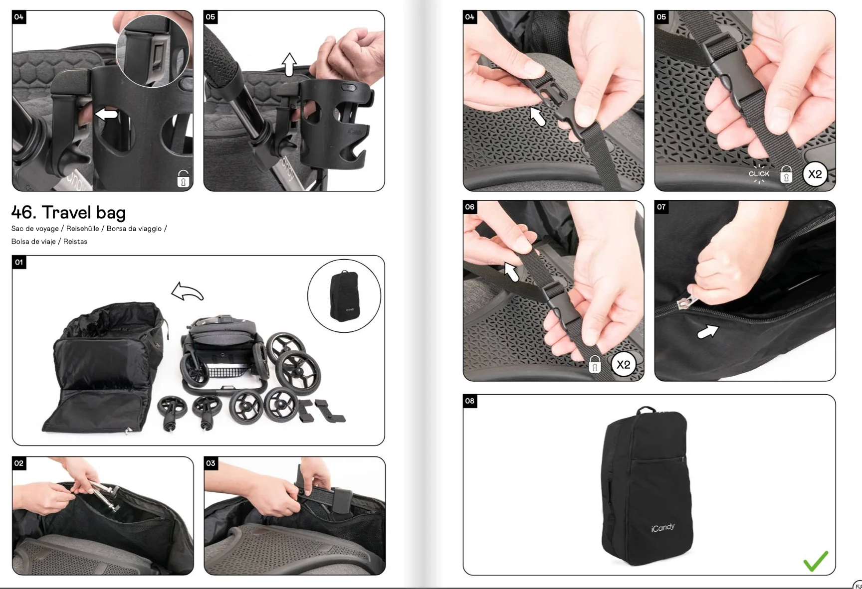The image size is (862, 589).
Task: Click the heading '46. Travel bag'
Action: click(x=68, y=213)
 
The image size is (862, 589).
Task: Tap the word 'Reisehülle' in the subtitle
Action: click(x=82, y=229)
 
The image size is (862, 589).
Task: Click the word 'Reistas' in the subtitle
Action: click(x=75, y=242)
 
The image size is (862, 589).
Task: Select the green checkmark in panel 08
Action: click(x=816, y=561)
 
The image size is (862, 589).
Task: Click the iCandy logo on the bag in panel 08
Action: click(x=662, y=528)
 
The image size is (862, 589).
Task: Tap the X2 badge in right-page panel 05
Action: click(x=815, y=174)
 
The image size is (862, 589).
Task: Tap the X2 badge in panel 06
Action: click(x=623, y=365)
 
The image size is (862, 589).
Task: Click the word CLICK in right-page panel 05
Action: click(x=759, y=174)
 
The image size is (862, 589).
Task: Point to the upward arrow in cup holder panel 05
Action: click(x=289, y=64)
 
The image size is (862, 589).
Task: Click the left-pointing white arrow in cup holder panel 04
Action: click(x=106, y=115)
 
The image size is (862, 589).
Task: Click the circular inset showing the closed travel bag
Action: click(x=344, y=296)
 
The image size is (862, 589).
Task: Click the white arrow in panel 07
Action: click(x=707, y=331)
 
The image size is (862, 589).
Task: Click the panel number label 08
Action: click(x=470, y=401)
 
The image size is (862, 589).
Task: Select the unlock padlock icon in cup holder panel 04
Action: click(x=183, y=179)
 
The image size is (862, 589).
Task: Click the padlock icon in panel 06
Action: click(x=595, y=365)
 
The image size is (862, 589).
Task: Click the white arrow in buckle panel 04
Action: click(x=537, y=116)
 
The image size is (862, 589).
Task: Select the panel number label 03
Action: click(x=211, y=463)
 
